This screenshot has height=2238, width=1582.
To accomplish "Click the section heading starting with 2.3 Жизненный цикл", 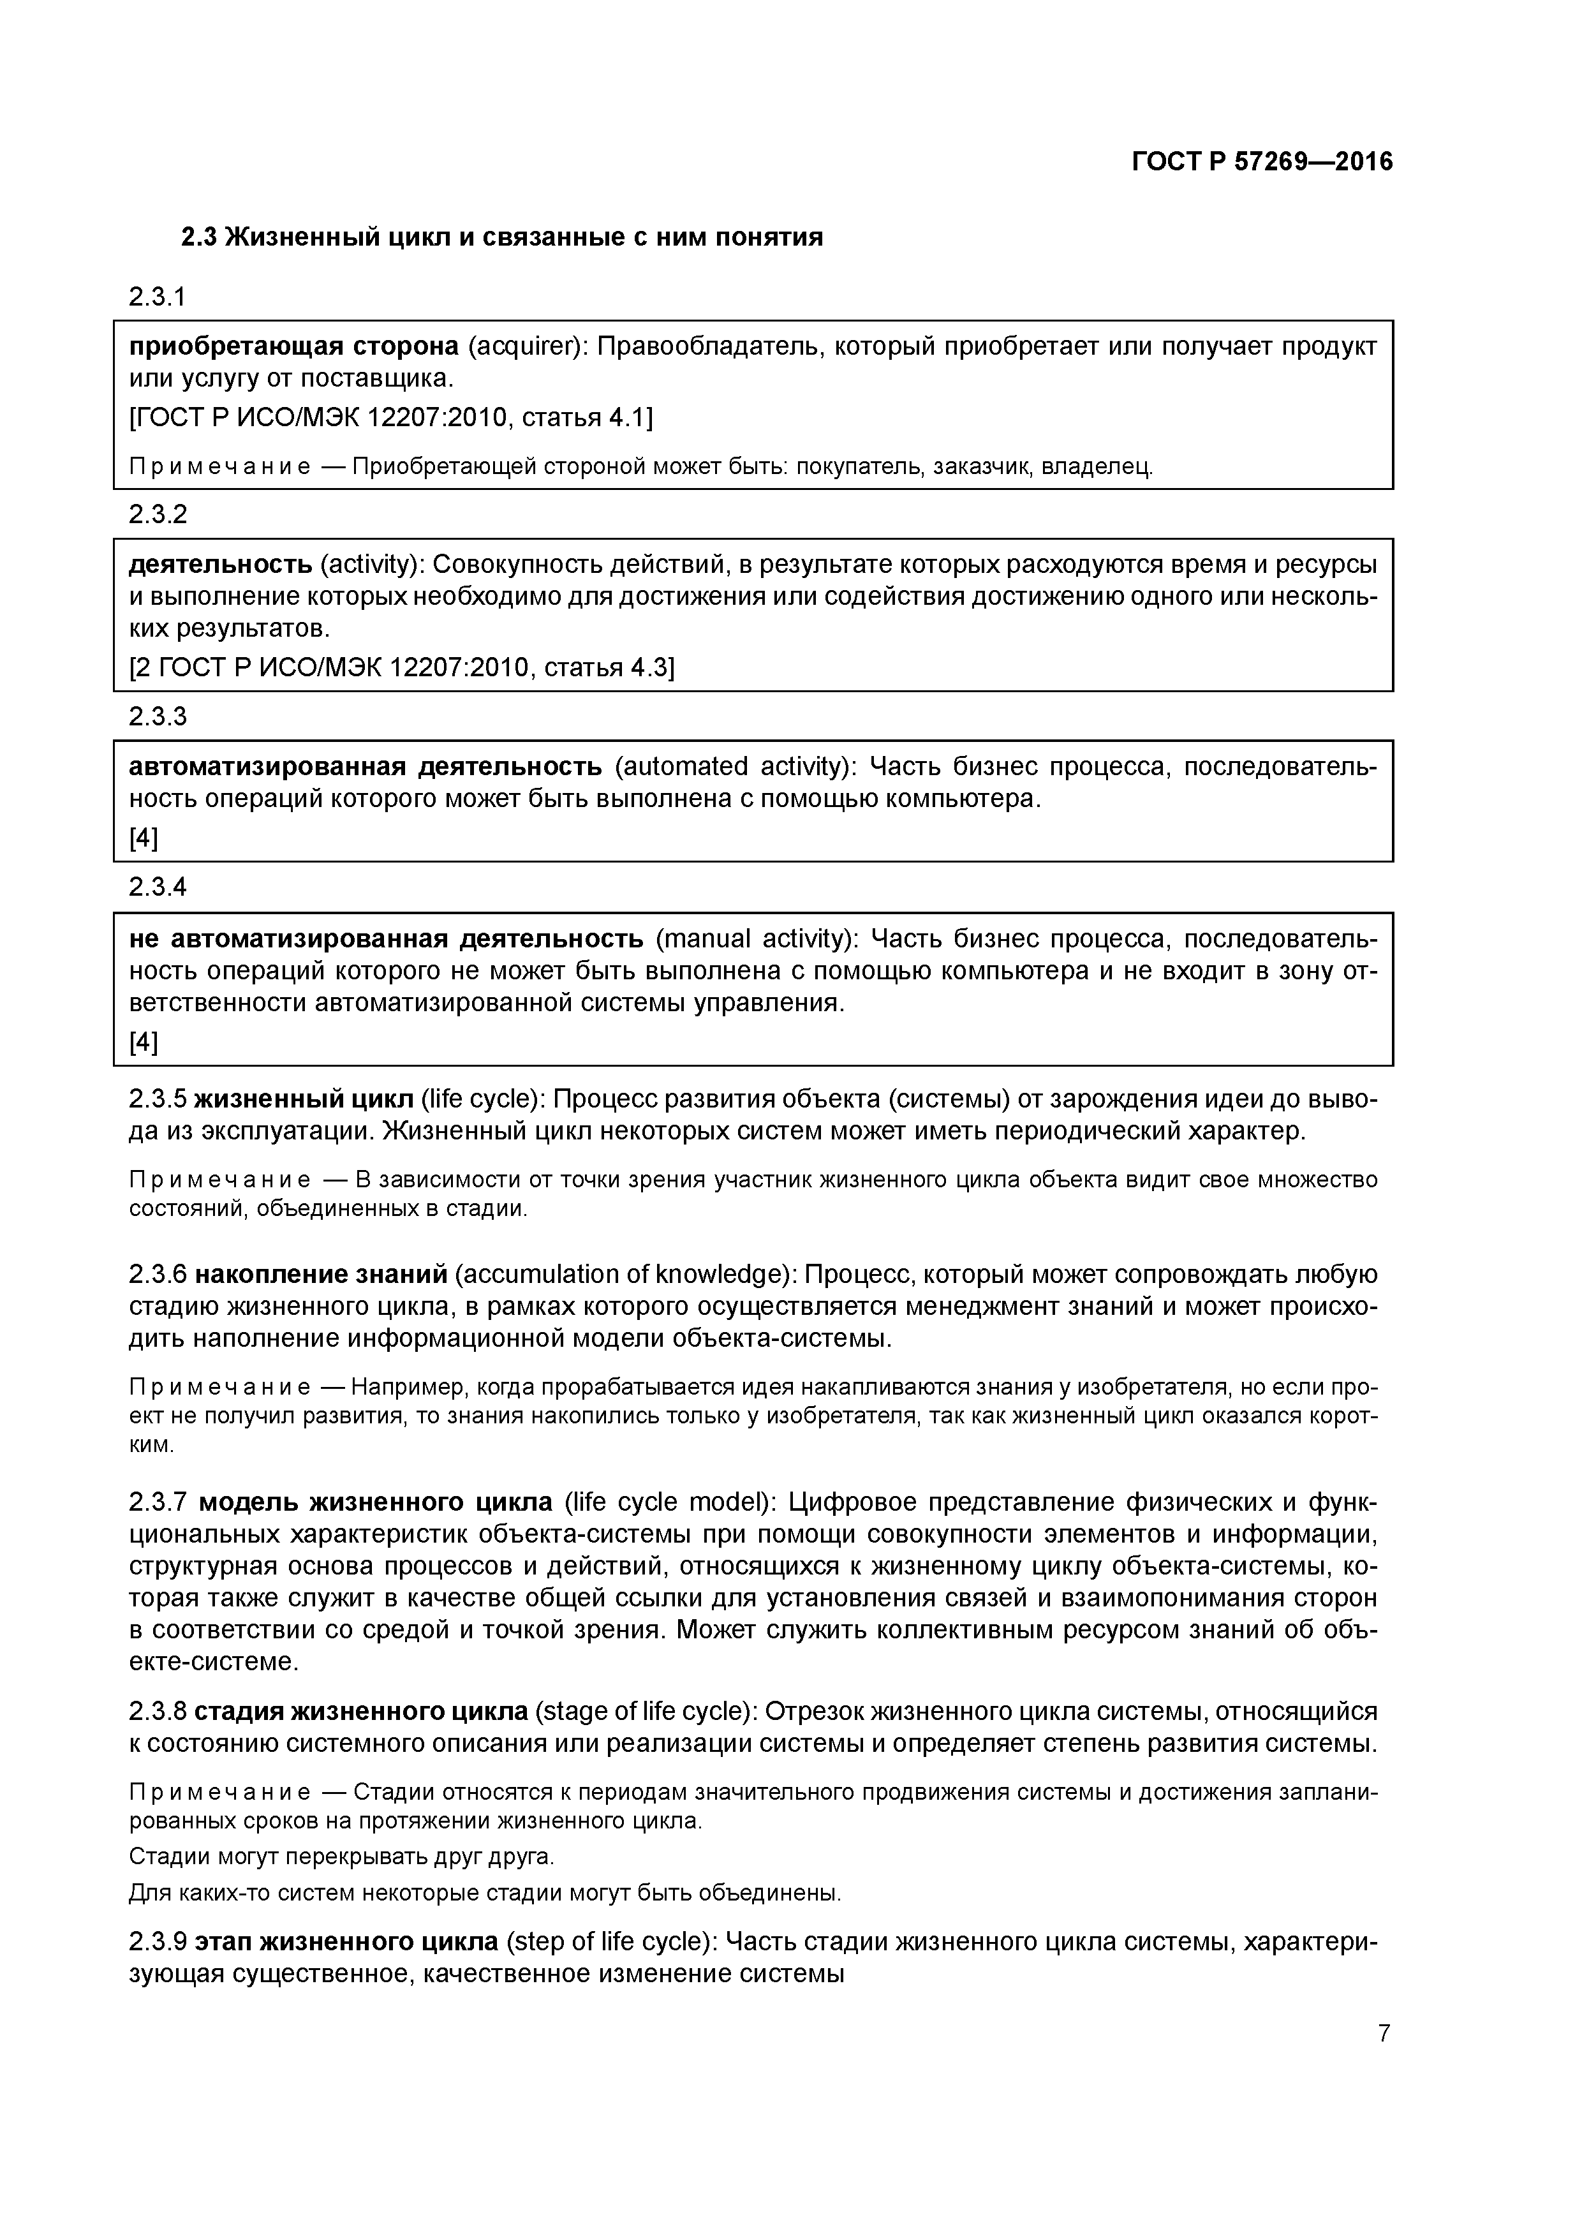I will click(x=502, y=237).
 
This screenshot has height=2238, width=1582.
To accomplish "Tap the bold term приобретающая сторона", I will click(x=293, y=346).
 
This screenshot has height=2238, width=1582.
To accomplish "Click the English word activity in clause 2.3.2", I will click(x=371, y=565).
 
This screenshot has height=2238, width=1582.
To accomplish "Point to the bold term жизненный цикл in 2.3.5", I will click(x=304, y=1099).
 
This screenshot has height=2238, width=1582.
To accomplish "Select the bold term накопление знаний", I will click(x=322, y=1275).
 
